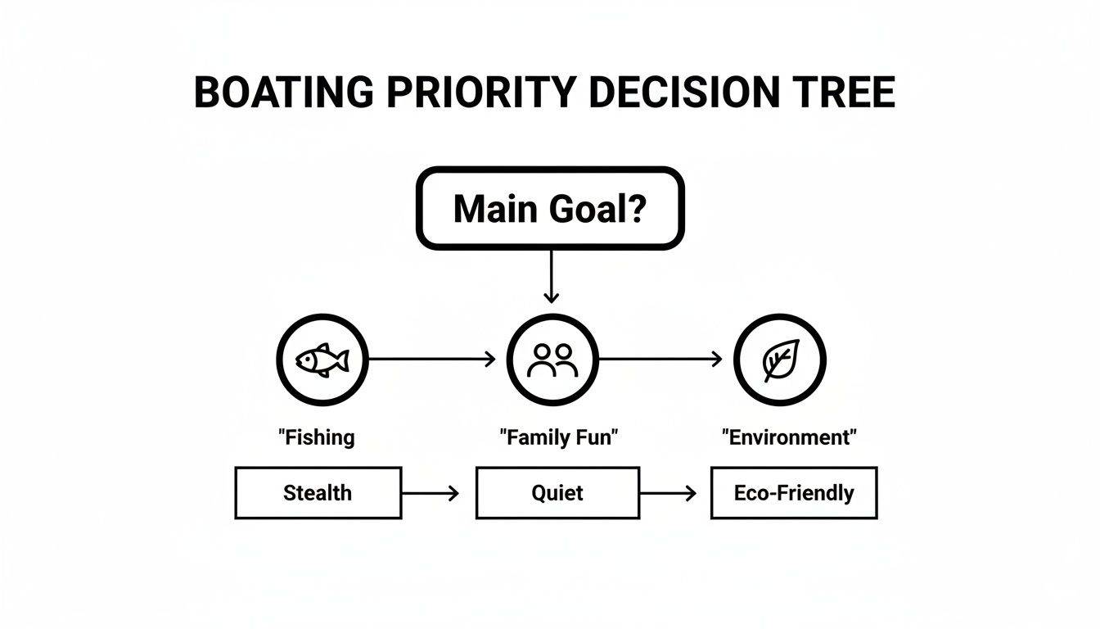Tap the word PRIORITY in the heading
[x=483, y=93]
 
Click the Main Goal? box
[x=550, y=209]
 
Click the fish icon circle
[x=322, y=360]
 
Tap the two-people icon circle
[x=552, y=360]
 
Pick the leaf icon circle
[x=779, y=360]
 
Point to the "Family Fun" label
[x=558, y=437]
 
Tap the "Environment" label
[x=789, y=437]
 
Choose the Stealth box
[x=318, y=493]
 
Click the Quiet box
[x=557, y=493]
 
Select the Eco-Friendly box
[x=793, y=493]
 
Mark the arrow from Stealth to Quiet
[x=431, y=493]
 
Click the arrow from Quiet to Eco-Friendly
[x=668, y=493]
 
